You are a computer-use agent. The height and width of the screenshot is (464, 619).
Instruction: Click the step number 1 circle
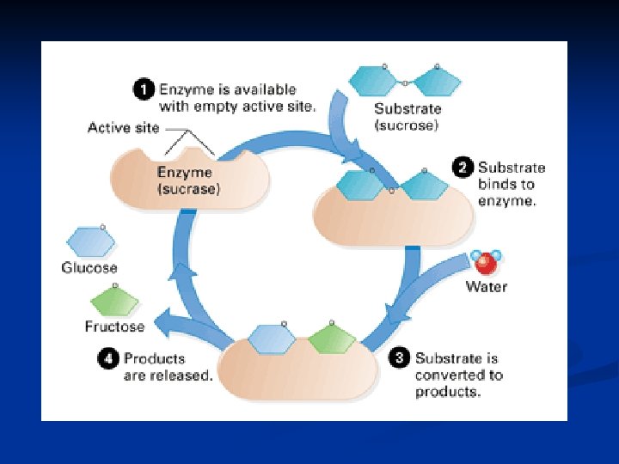coord(144,89)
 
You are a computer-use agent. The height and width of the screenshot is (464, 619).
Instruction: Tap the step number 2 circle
coord(463,168)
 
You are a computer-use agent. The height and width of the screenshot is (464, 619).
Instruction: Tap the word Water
coord(487,286)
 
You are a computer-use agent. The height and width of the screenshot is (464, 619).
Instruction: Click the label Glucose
coord(89,268)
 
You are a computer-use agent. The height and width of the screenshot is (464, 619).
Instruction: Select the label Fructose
coord(114,327)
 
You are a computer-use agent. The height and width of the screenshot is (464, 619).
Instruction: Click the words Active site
coord(122,128)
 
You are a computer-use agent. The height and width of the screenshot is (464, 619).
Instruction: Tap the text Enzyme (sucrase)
coord(188,180)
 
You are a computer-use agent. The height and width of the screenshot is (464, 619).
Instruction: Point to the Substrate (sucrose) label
coord(408,117)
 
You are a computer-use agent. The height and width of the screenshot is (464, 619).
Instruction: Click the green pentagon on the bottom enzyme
coord(331,338)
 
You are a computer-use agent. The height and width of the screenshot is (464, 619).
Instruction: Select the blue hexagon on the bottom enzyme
coord(273,339)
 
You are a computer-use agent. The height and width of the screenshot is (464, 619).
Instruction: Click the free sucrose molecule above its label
coord(405,81)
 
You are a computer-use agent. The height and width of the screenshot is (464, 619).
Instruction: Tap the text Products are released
coord(168,367)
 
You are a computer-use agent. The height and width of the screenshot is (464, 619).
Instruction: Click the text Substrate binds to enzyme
coord(512,184)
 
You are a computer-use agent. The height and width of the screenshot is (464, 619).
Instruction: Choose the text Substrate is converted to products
coord(458,375)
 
